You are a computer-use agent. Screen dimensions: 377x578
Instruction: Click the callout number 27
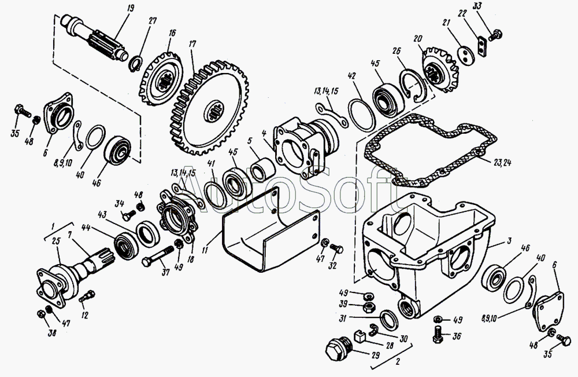153,21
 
